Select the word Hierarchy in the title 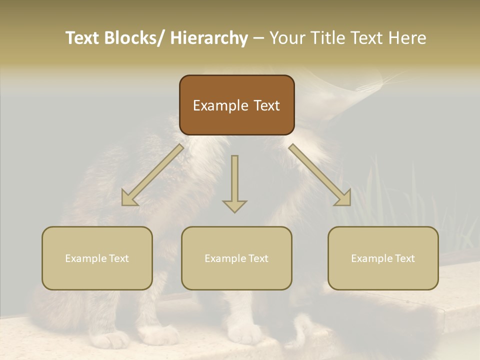[209, 38]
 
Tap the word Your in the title [288, 38]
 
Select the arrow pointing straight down [234, 182]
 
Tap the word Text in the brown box [266, 105]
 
